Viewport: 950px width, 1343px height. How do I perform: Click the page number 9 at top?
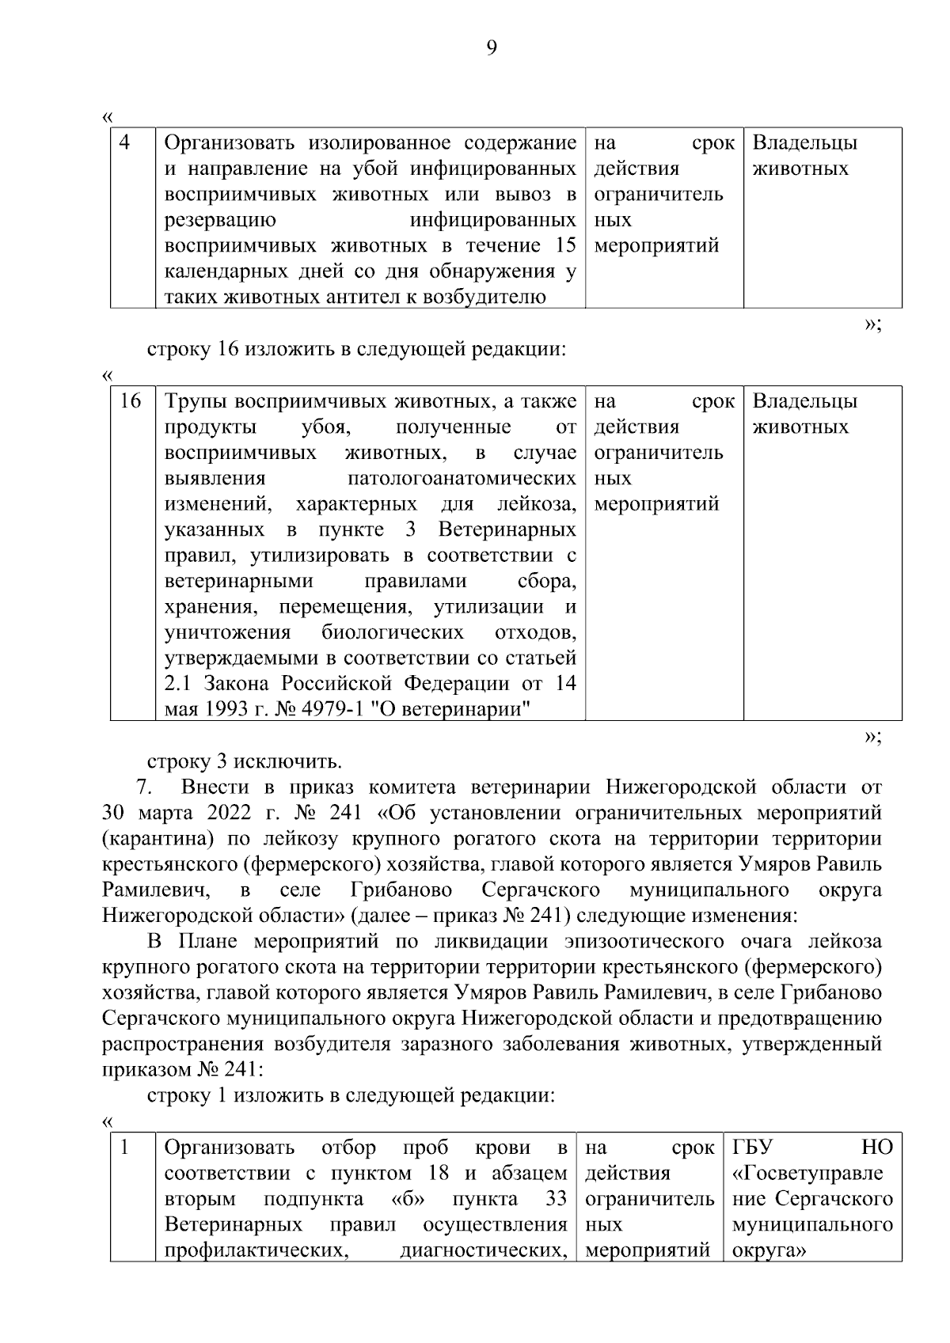(491, 49)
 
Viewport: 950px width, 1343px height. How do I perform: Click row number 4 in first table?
(124, 143)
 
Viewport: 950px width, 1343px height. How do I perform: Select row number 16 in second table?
(131, 401)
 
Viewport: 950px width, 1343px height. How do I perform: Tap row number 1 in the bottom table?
(124, 1148)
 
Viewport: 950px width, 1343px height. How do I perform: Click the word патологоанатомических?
(462, 479)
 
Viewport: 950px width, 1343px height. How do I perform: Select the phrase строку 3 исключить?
(245, 761)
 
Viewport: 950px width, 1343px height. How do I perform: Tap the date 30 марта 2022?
(171, 813)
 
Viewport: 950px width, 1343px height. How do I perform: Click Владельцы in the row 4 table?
(804, 143)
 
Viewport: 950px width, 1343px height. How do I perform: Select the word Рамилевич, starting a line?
(156, 890)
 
